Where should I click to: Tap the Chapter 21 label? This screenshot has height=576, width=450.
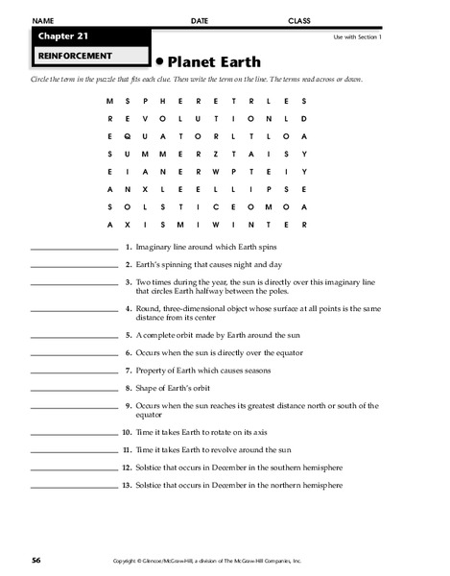point(59,37)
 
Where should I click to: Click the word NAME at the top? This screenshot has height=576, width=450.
point(40,20)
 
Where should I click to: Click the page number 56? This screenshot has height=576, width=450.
point(36,558)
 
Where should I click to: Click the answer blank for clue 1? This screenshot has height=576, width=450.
point(74,248)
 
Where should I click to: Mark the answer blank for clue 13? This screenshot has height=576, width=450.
point(74,486)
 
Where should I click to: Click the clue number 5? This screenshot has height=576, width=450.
point(128,336)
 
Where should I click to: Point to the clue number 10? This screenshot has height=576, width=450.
point(126,433)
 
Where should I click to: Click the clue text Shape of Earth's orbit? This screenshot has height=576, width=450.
point(175,388)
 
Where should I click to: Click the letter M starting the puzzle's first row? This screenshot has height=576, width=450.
point(110,101)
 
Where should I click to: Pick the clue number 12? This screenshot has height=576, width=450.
point(126,468)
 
